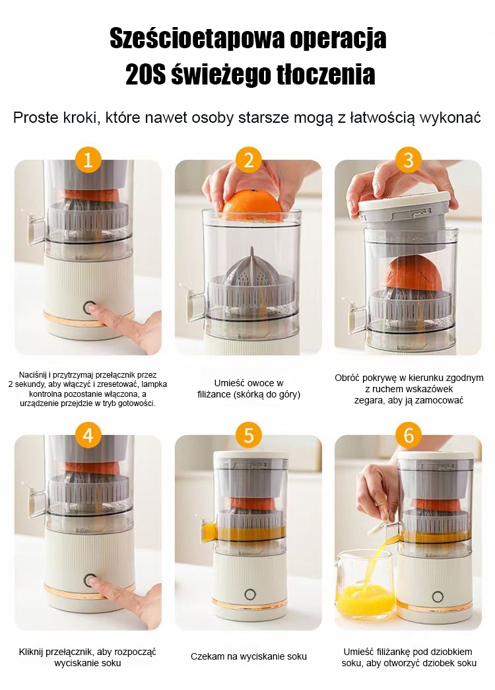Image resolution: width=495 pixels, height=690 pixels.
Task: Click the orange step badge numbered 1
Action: pyautogui.click(x=88, y=160)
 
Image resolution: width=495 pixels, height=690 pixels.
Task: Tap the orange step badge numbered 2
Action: pyautogui.click(x=249, y=160)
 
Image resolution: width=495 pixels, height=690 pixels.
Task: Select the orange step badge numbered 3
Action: pyautogui.click(x=409, y=160)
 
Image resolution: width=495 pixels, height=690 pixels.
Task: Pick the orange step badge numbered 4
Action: pyautogui.click(x=88, y=435)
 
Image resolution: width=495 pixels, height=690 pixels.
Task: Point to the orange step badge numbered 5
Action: pyautogui.click(x=249, y=435)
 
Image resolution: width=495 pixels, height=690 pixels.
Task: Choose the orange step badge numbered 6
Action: pyautogui.click(x=409, y=435)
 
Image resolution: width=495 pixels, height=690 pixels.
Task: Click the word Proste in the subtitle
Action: pyautogui.click(x=34, y=118)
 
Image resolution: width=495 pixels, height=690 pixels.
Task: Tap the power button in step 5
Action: pyautogui.click(x=250, y=595)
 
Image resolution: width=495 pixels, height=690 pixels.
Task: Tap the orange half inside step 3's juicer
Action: pyautogui.click(x=414, y=275)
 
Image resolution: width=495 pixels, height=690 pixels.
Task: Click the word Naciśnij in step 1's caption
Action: pyautogui.click(x=34, y=375)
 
